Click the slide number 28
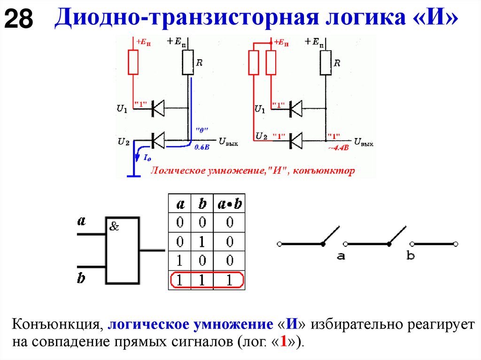point(19,20)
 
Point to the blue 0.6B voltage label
point(202,146)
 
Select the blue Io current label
point(147,158)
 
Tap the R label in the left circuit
point(199,62)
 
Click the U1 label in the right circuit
point(259,109)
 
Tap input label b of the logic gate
point(81,278)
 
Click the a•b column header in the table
point(229,204)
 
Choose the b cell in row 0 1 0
point(202,242)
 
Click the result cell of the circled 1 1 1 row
point(229,281)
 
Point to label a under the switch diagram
point(341,256)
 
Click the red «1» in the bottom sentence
point(283,341)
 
